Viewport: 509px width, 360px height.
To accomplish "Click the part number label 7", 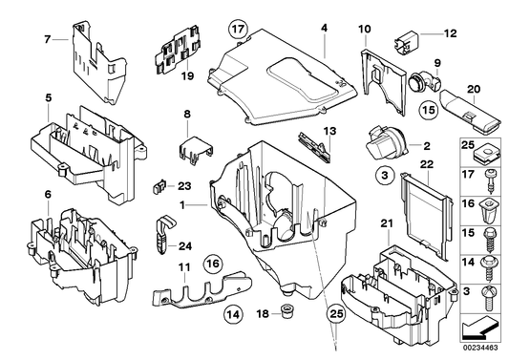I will tap(46, 38).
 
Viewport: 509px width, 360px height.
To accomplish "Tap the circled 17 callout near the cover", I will tap(238, 28).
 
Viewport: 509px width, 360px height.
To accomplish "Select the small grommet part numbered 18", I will tap(285, 311).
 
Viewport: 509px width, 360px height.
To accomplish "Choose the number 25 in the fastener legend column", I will tap(468, 145).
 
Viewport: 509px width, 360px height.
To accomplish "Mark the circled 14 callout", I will tap(232, 311).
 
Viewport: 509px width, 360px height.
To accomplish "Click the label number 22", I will tap(428, 164).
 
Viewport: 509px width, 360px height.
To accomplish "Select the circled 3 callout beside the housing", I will tap(383, 175).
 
